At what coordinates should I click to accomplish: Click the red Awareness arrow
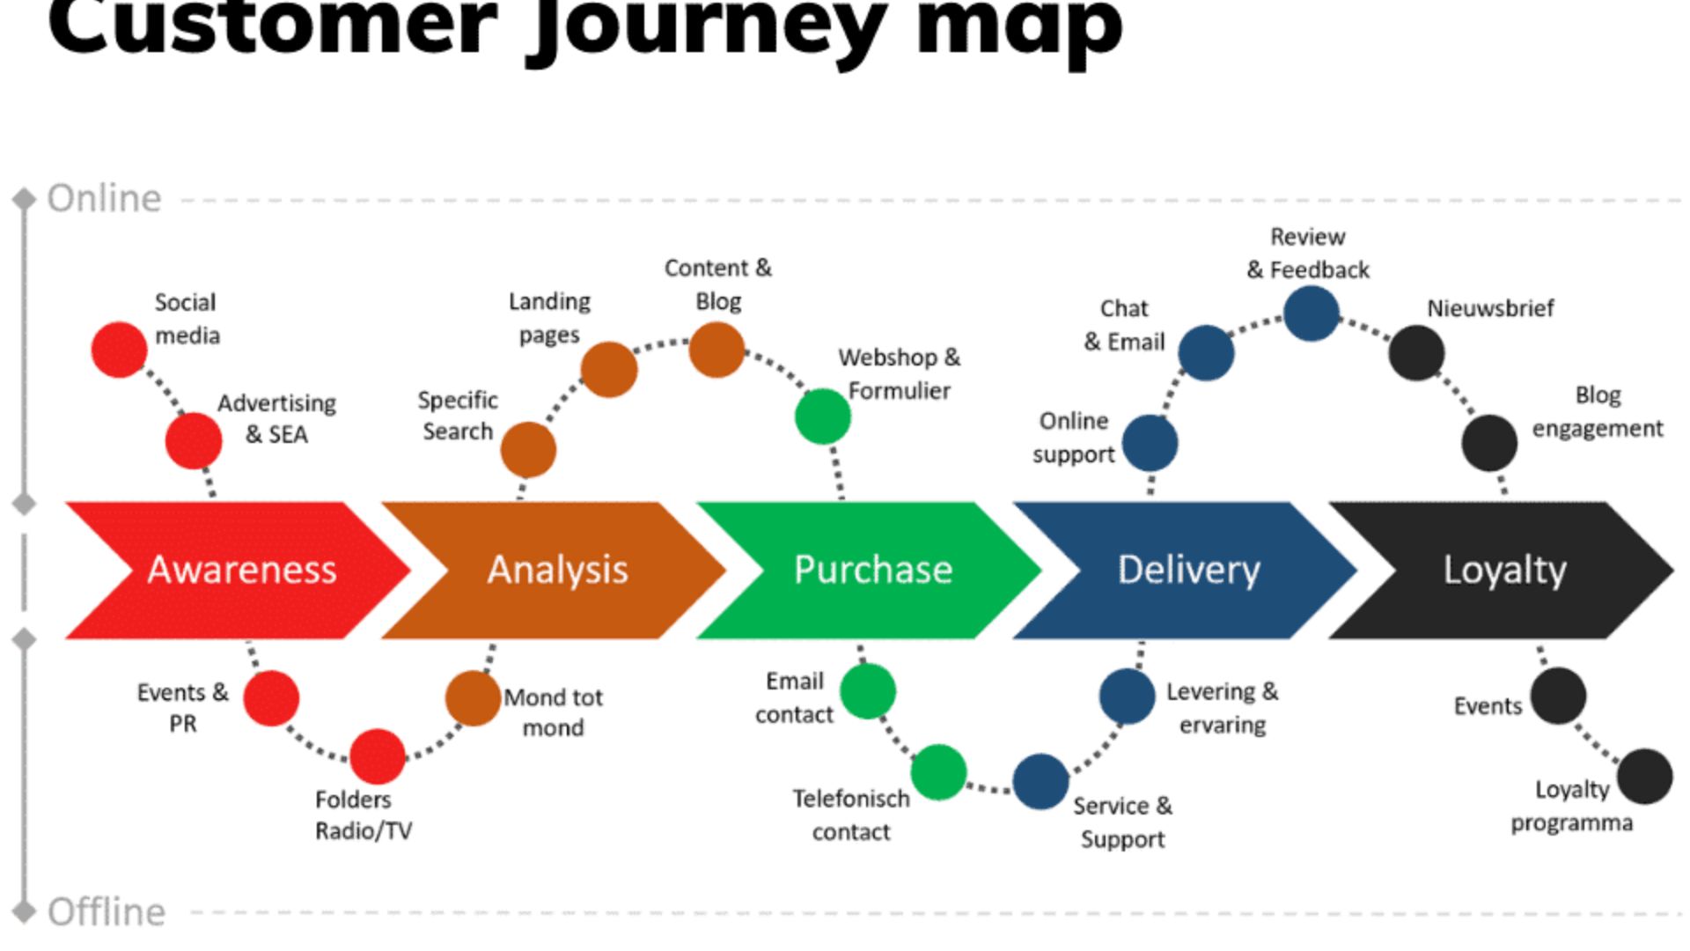tap(242, 570)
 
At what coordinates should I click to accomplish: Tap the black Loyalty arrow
tap(1503, 570)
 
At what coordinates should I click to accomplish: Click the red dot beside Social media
tap(119, 350)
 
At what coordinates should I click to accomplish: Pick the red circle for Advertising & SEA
tap(194, 441)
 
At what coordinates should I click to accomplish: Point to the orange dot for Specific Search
tap(528, 449)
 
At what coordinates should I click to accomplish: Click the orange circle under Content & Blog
tap(716, 350)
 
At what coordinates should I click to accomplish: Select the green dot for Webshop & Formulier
tap(822, 417)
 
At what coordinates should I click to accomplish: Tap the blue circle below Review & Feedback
tap(1312, 313)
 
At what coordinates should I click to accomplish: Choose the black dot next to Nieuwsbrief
tap(1416, 352)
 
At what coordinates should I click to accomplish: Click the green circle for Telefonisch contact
tap(938, 772)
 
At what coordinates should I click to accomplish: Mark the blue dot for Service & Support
tap(1040, 781)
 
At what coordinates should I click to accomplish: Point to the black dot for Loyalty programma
tap(1644, 777)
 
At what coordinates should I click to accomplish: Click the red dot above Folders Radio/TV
tap(377, 756)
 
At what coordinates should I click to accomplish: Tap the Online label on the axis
tap(104, 199)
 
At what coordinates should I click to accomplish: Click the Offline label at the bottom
tap(106, 912)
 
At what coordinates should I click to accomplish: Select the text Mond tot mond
tap(553, 712)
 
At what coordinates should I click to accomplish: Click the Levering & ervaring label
tap(1222, 708)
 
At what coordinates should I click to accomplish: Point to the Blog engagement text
tap(1597, 412)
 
